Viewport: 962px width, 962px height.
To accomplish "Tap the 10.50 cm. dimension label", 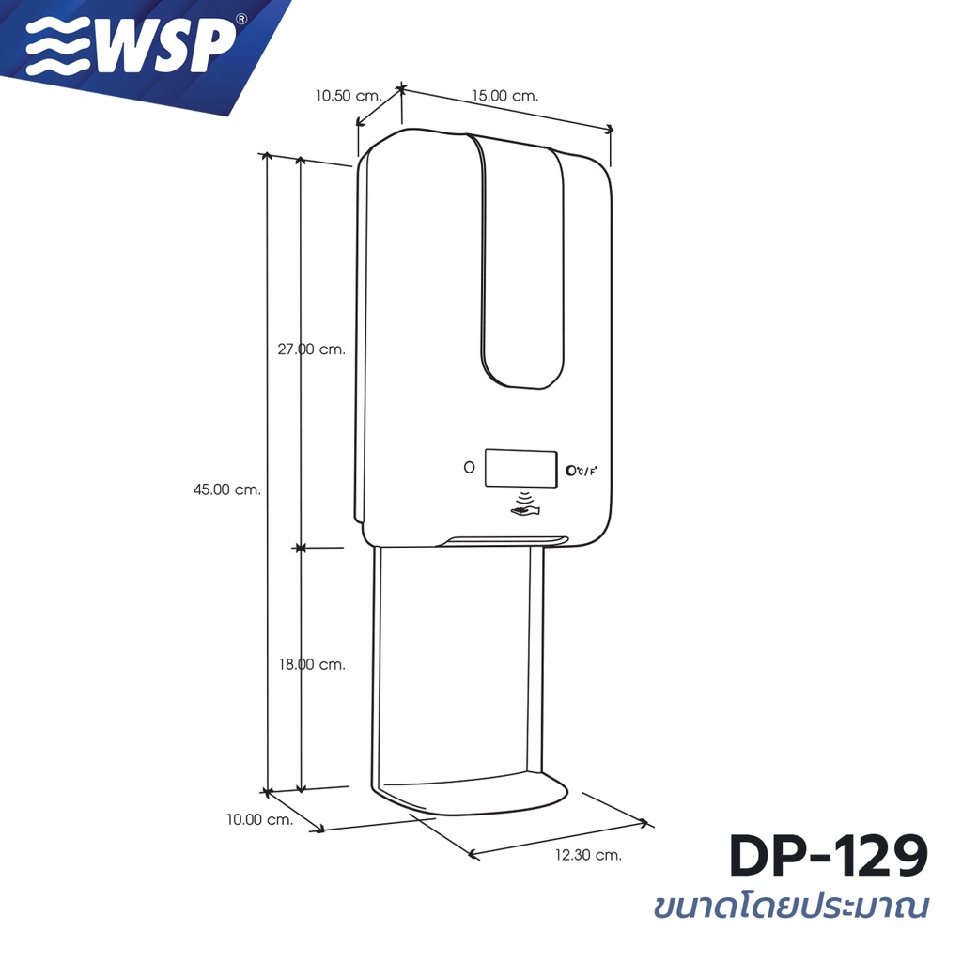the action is point(349,96).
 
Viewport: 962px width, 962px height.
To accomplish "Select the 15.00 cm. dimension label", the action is point(504,96).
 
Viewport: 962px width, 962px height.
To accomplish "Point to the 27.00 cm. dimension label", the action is point(312,349).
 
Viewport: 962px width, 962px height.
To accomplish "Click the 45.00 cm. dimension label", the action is point(227,489).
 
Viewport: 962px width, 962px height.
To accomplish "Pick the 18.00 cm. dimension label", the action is point(312,664).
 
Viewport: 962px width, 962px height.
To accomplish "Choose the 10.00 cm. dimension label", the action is point(260,819).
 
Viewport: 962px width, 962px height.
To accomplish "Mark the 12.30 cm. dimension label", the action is point(588,855).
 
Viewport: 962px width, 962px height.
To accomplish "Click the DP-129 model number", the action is point(829,857).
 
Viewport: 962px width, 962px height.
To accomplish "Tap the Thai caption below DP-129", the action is point(791,906).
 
